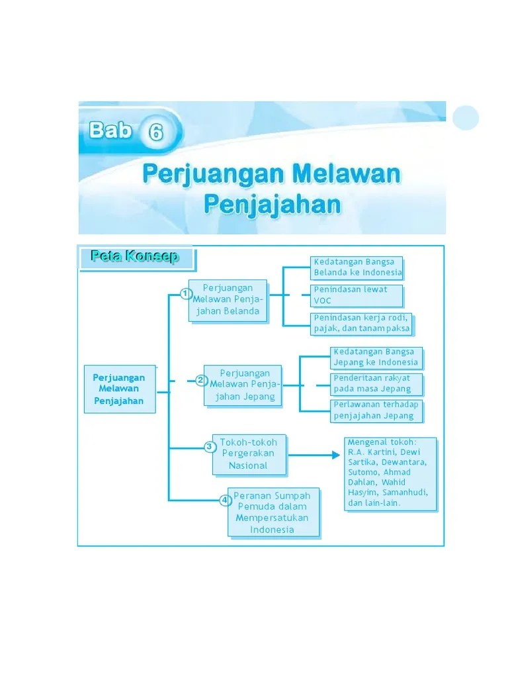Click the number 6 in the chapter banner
click(155, 133)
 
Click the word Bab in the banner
click(110, 130)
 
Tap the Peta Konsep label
click(136, 257)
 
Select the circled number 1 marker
click(187, 294)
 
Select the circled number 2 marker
click(200, 380)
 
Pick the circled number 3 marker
click(210, 446)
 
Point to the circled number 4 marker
click(225, 500)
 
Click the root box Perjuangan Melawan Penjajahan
click(119, 389)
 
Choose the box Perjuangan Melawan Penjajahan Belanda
click(228, 300)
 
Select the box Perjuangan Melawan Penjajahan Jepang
click(242, 385)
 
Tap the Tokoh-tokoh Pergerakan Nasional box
click(249, 454)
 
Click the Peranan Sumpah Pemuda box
click(273, 512)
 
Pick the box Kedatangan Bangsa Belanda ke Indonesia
click(357, 267)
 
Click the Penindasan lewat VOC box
click(357, 295)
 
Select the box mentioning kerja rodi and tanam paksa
click(362, 323)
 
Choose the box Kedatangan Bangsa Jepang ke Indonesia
click(376, 358)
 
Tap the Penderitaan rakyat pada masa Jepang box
click(376, 384)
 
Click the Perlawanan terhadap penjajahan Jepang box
click(376, 411)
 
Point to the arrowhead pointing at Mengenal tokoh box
click(335, 455)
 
